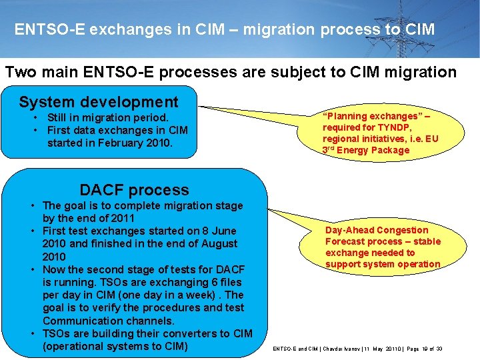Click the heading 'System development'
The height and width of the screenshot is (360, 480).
[x=99, y=102]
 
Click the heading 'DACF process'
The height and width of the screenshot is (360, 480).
[x=134, y=190]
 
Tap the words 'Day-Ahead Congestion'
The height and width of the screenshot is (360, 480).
[x=377, y=230]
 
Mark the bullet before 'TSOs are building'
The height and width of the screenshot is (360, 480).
[x=33, y=333]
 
